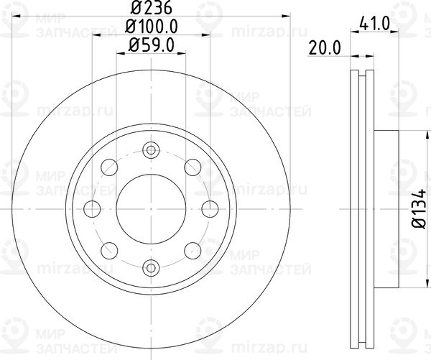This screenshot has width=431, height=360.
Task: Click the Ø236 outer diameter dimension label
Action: click(x=150, y=9)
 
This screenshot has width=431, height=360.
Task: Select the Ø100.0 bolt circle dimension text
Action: click(x=151, y=28)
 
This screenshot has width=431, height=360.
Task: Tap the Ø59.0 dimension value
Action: click(x=151, y=46)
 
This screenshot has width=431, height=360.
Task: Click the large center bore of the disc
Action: click(x=150, y=208)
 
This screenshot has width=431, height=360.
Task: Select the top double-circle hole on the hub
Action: click(x=150, y=150)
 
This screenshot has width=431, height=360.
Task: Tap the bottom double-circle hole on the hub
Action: click(x=150, y=268)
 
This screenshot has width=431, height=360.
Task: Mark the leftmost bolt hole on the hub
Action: click(x=92, y=209)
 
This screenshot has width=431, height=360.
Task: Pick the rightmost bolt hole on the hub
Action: click(x=209, y=209)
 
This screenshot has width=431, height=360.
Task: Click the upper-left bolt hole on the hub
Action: click(x=109, y=167)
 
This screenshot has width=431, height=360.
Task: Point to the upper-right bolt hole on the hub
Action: click(x=192, y=167)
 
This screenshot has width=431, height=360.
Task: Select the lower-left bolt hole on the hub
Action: click(x=109, y=250)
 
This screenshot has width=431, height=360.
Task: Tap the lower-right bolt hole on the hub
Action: click(x=192, y=250)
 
